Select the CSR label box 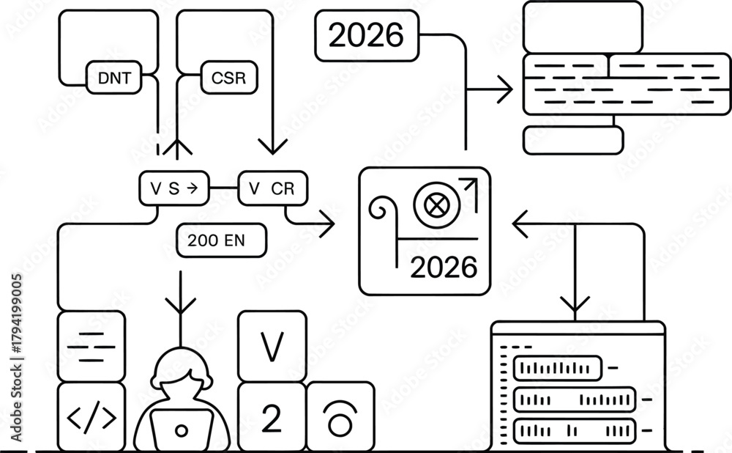pyautogui.click(x=228, y=78)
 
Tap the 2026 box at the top pyautogui.click(x=366, y=35)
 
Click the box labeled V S pyautogui.click(x=173, y=188)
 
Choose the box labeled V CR pyautogui.click(x=273, y=188)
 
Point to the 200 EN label pyautogui.click(x=221, y=240)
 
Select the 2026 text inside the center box pyautogui.click(x=444, y=268)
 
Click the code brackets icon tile pyautogui.click(x=91, y=416)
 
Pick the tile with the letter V pyautogui.click(x=272, y=346)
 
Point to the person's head pyautogui.click(x=182, y=370)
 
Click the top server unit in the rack pyautogui.click(x=558, y=367)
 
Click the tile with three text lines pyautogui.click(x=91, y=345)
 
